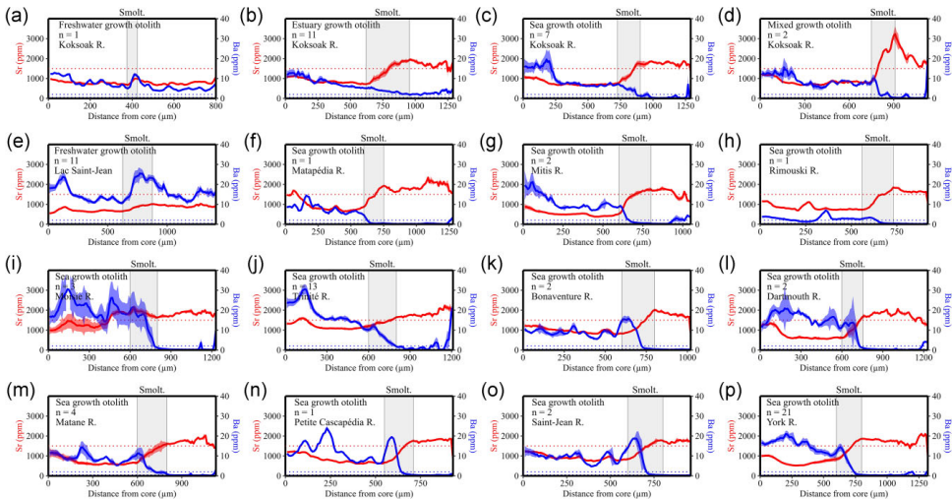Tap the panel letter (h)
click(x=734, y=140)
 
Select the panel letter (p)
click(x=734, y=390)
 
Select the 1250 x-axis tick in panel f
click(x=447, y=231)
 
